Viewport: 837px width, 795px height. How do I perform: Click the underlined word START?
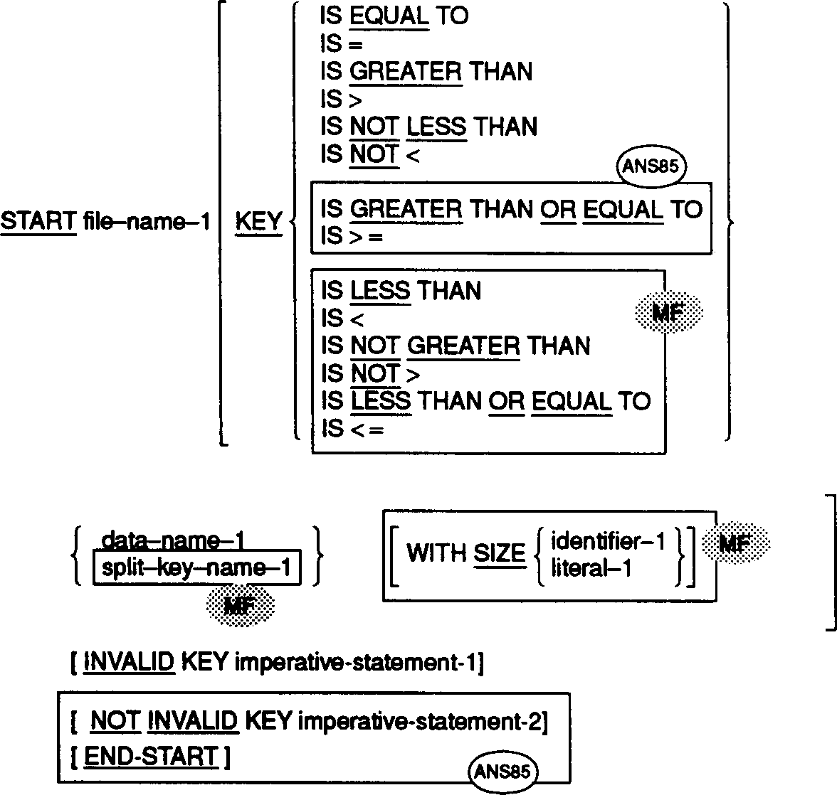[38, 222]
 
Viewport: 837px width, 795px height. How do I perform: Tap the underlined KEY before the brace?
[258, 222]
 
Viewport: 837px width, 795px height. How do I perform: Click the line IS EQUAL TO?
[394, 16]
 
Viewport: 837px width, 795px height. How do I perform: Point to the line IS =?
[342, 44]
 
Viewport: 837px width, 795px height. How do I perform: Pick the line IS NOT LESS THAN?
[428, 127]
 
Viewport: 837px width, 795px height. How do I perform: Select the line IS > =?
[352, 237]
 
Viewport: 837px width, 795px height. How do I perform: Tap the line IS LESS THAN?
[401, 291]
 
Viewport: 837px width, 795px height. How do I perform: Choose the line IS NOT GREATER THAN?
[456, 346]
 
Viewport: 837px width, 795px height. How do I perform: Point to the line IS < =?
[352, 429]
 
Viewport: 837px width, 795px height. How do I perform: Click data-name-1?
[173, 541]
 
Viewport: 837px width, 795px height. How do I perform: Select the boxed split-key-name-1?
[197, 568]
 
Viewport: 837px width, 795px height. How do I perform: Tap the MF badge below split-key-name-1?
[240, 606]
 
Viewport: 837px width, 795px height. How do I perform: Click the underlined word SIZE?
[499, 554]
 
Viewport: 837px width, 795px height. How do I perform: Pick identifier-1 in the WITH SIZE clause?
[608, 543]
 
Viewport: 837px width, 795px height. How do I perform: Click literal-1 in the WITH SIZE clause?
[591, 568]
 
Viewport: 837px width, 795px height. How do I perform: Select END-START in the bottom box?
[151, 757]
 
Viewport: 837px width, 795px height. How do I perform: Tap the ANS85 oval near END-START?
[503, 770]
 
